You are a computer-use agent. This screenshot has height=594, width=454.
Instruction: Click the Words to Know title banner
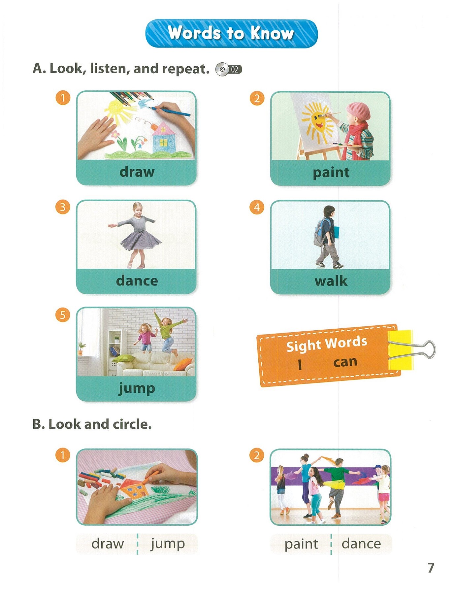tap(231, 33)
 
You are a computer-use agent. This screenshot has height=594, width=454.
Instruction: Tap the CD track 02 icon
tap(229, 69)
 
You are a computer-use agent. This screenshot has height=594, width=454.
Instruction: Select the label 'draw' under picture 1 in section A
tap(137, 172)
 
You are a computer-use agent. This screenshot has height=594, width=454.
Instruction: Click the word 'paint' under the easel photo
tap(331, 172)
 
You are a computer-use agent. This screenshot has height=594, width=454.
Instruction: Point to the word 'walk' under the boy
tap(331, 281)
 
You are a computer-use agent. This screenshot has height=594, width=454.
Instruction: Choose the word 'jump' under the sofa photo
tap(137, 388)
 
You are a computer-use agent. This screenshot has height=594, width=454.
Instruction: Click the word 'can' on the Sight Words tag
tap(345, 362)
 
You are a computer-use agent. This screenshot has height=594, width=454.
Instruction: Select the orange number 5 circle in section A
tap(63, 315)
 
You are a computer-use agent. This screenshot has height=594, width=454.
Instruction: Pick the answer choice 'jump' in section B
tap(168, 544)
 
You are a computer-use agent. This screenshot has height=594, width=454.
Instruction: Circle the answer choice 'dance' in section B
tap(361, 544)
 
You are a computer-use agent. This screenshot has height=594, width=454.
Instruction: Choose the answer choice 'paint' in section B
tap(301, 544)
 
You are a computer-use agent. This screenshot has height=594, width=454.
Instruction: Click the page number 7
tap(431, 568)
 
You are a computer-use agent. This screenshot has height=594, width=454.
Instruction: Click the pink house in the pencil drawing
tap(163, 137)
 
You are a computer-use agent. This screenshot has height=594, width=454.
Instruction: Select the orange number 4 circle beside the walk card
tap(257, 208)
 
